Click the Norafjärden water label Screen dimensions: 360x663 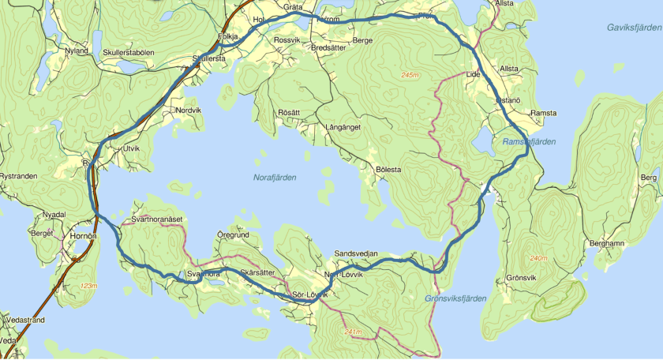275,178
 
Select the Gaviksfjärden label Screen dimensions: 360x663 634,28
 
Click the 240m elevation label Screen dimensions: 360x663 540,259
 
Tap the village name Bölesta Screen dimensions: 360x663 389,170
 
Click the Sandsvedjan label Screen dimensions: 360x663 356,253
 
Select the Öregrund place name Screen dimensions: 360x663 233,235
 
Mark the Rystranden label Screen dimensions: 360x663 19,176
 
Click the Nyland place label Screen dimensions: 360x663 77,51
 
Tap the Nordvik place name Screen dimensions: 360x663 189,111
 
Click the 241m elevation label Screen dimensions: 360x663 354,332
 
